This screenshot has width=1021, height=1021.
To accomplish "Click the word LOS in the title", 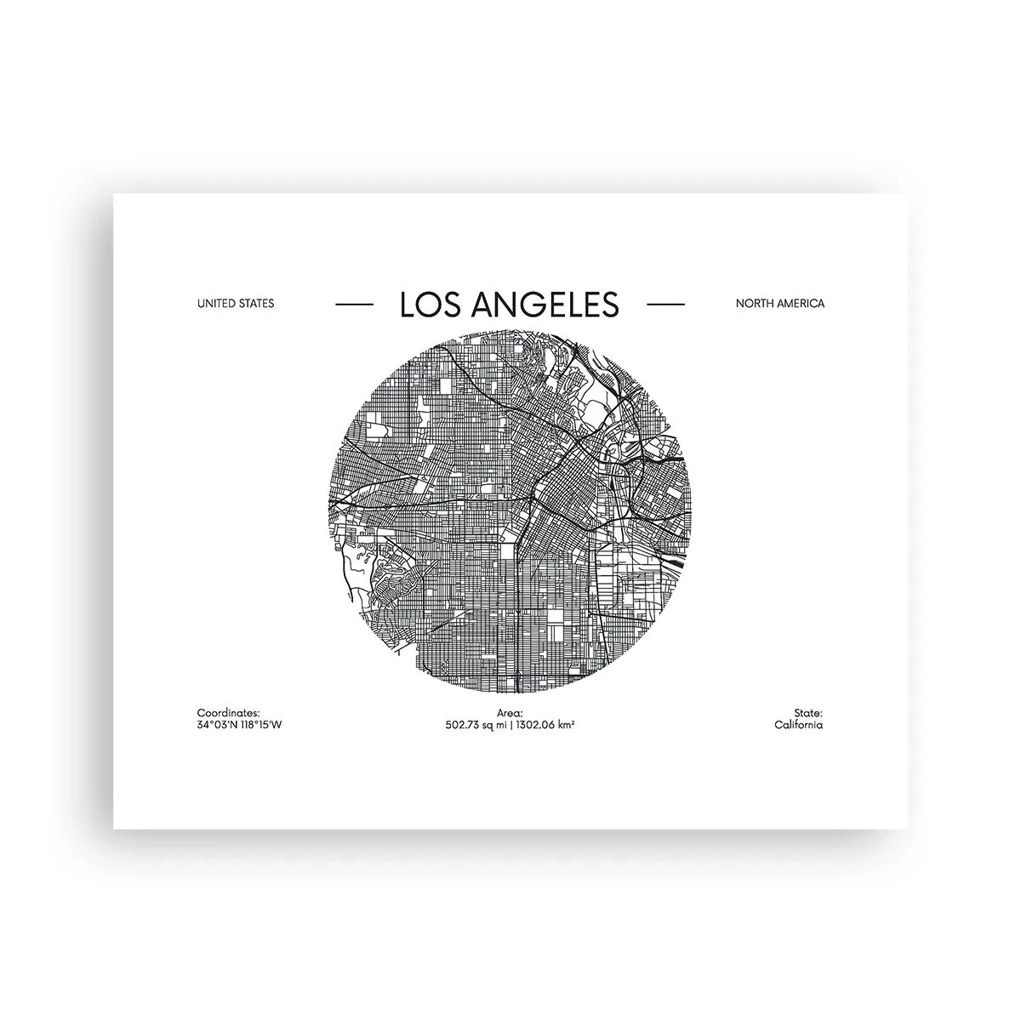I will (428, 304).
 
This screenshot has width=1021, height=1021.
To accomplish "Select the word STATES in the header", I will (257, 304).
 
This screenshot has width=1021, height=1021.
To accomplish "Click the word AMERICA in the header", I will (801, 304).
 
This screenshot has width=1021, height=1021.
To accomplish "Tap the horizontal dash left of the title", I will (354, 304).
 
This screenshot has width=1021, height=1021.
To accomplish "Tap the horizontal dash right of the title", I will (665, 304).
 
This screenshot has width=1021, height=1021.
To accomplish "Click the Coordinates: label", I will (228, 713).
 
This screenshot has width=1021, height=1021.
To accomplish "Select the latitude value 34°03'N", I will (216, 725).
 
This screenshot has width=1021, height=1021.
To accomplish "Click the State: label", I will (808, 713).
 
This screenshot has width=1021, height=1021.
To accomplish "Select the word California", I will (798, 725).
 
